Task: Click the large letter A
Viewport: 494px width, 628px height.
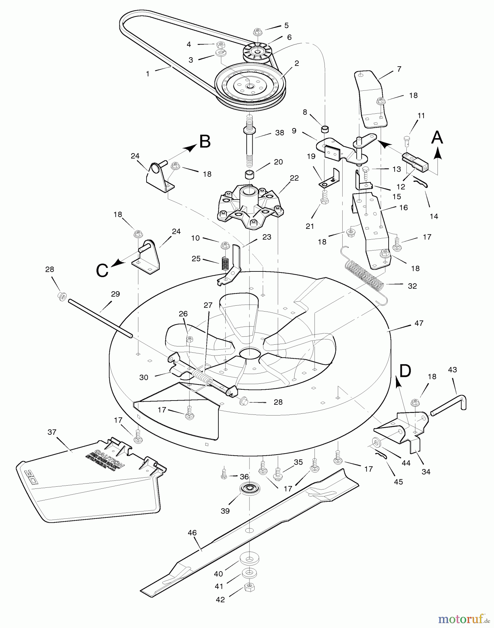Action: pyautogui.click(x=437, y=137)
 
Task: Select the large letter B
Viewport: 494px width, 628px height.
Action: pyautogui.click(x=205, y=142)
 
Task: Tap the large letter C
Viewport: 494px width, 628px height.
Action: pyautogui.click(x=102, y=270)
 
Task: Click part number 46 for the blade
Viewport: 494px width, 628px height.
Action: pyautogui.click(x=192, y=533)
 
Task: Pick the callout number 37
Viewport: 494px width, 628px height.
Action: pyautogui.click(x=52, y=432)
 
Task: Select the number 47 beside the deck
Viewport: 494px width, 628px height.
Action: pyautogui.click(x=419, y=323)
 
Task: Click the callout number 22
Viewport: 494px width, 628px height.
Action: pyautogui.click(x=294, y=178)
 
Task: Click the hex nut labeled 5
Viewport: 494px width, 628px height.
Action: pyautogui.click(x=257, y=31)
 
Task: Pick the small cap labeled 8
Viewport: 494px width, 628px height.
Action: pyautogui.click(x=325, y=129)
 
